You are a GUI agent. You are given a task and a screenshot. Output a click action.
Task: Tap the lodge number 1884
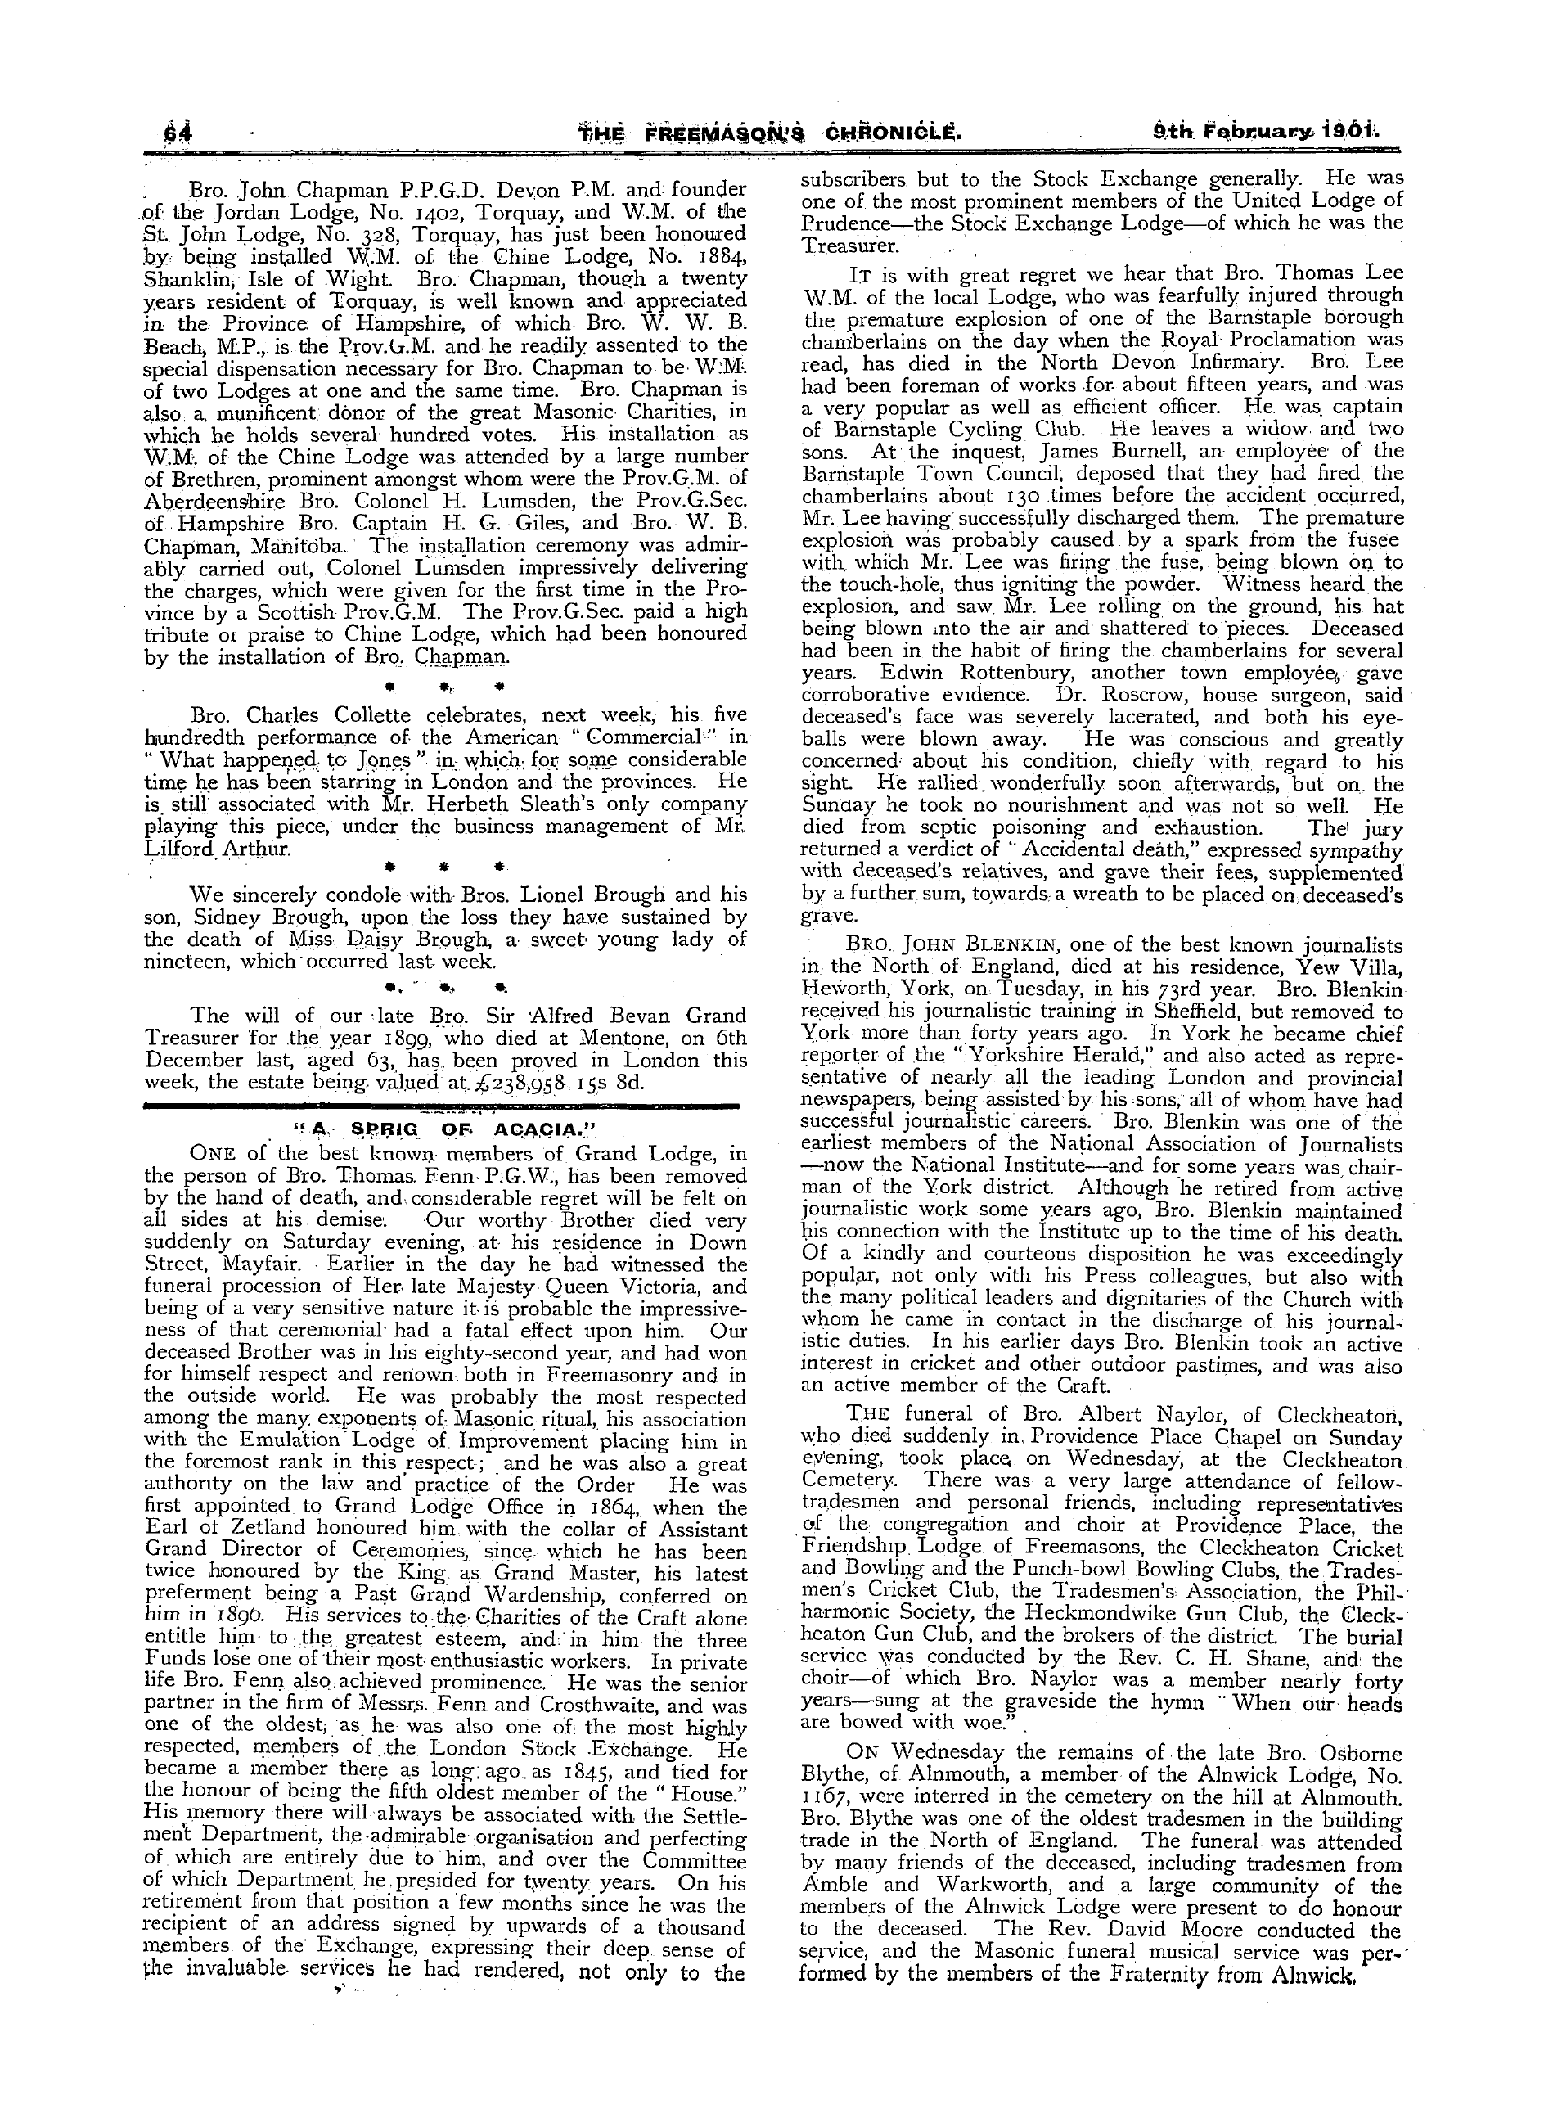[713, 256]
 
